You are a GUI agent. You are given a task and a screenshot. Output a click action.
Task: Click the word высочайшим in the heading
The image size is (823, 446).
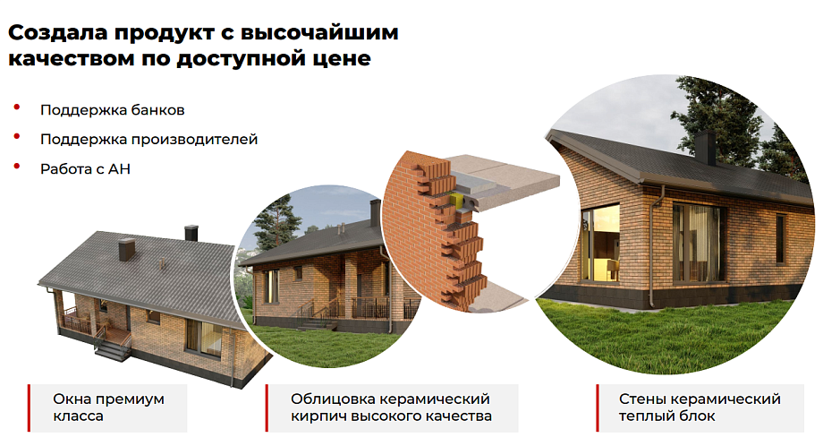click(x=319, y=32)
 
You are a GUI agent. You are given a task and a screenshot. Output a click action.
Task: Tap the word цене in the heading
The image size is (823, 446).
click(x=344, y=58)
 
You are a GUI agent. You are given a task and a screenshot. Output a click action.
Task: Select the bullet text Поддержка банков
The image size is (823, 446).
click(x=113, y=110)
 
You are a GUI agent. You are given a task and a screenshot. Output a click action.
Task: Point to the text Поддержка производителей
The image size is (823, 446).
click(x=149, y=140)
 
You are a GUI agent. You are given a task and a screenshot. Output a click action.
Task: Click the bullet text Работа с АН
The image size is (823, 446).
click(x=85, y=169)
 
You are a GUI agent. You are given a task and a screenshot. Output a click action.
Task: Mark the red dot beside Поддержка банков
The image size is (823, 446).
click(x=17, y=107)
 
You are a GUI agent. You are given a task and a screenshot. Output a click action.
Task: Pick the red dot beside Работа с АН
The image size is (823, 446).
click(x=17, y=166)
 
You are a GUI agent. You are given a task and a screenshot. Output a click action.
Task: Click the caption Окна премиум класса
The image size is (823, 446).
click(x=108, y=407)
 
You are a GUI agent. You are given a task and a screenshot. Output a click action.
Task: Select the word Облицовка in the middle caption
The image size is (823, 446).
click(x=330, y=399)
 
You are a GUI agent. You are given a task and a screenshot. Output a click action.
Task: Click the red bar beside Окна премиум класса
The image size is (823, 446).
click(x=29, y=408)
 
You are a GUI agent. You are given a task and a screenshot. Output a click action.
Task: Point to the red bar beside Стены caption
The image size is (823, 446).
click(x=598, y=408)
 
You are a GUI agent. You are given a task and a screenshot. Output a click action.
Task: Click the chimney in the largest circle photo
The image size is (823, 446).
click(x=705, y=149)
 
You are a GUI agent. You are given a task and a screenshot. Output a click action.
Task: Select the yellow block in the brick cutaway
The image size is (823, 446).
click(x=456, y=200)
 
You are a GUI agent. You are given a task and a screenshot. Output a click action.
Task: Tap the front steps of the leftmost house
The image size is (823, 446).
click(x=113, y=349)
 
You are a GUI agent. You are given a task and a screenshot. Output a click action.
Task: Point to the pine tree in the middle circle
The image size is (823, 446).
click(x=275, y=223)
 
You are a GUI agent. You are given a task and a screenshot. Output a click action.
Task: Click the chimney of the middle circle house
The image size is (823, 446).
click(x=375, y=213)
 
